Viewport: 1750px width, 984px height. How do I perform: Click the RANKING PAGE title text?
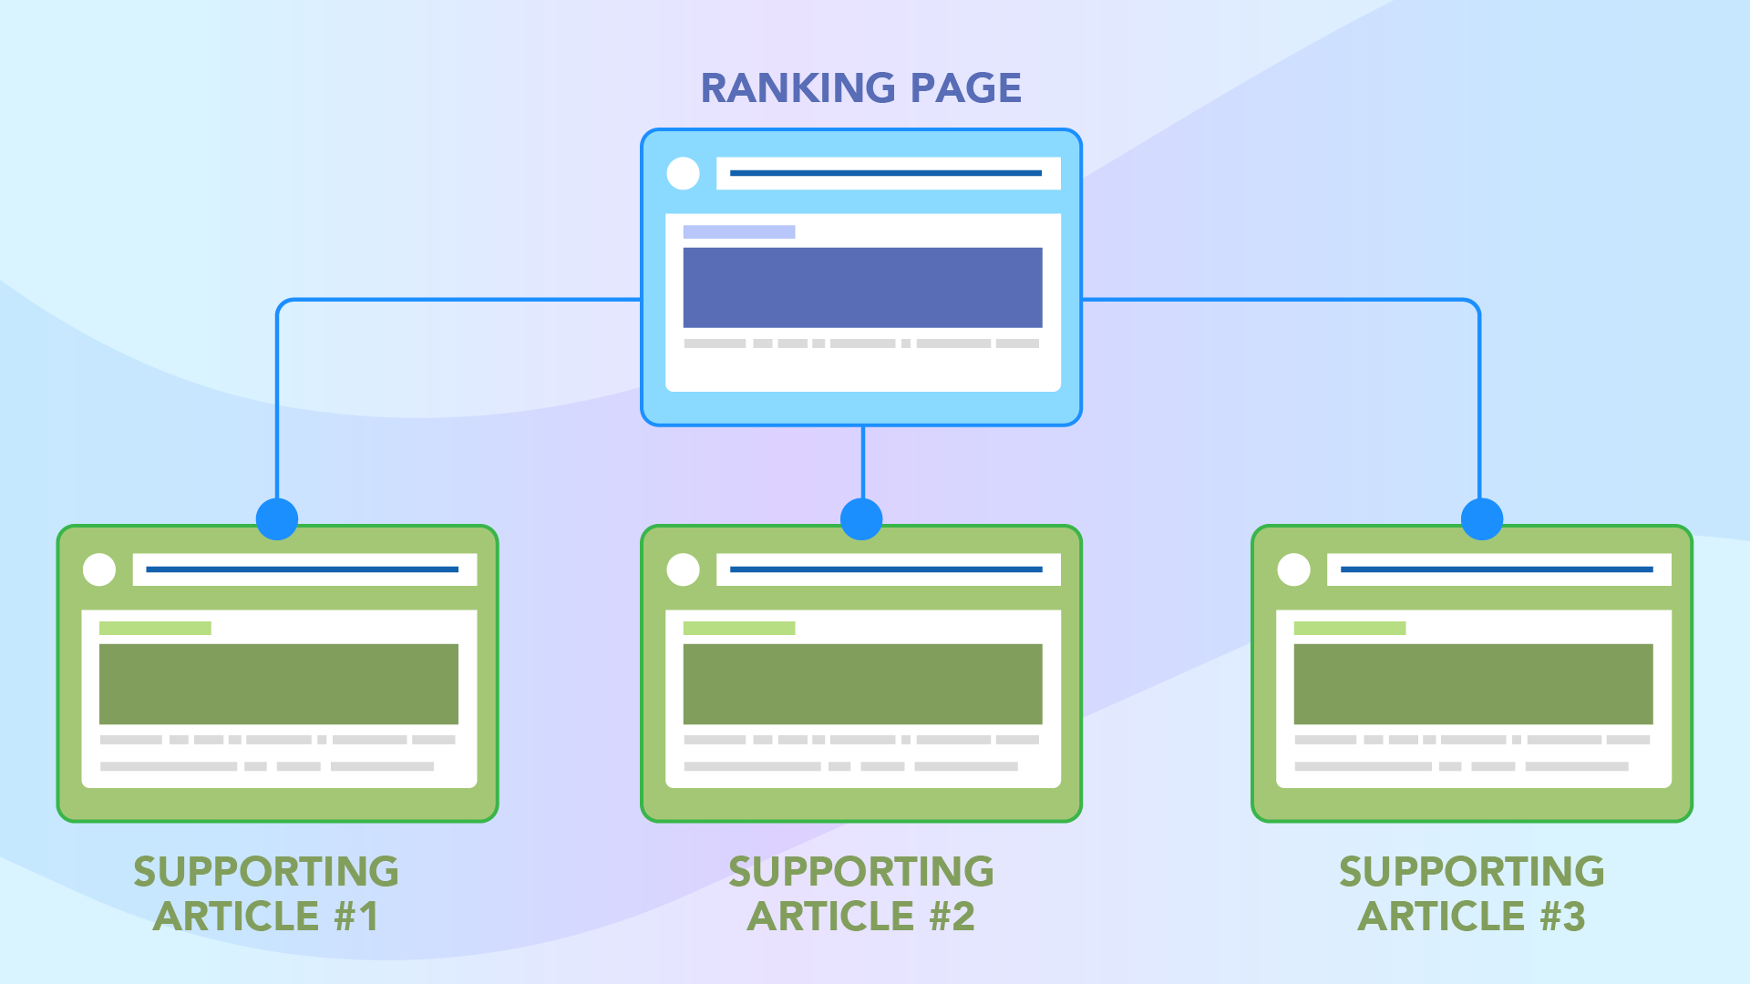pyautogui.click(x=860, y=88)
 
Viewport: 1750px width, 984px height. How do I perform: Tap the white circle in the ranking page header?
pyautogui.click(x=683, y=173)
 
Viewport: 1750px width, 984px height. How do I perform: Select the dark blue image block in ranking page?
pyautogui.click(x=862, y=287)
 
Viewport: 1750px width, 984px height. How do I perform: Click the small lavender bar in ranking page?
pyautogui.click(x=738, y=232)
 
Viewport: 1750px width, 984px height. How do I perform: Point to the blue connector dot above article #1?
pyautogui.click(x=277, y=518)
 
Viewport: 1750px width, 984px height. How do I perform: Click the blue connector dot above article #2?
pyautogui.click(x=861, y=518)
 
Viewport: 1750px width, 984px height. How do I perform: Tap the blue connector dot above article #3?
pyautogui.click(x=1481, y=518)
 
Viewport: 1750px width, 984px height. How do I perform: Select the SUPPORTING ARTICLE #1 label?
pyautogui.click(x=266, y=894)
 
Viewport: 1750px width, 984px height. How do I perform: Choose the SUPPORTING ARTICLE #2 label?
pyautogui.click(x=861, y=894)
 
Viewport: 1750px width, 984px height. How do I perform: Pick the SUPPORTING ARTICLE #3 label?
pyautogui.click(x=1472, y=894)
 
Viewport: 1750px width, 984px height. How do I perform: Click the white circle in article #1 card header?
pyautogui.click(x=99, y=569)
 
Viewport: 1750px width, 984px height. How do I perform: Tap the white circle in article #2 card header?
pyautogui.click(x=683, y=569)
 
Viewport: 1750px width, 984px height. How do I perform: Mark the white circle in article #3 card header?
pyautogui.click(x=1293, y=569)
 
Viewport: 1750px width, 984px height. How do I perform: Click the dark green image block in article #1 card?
pyautogui.click(x=278, y=683)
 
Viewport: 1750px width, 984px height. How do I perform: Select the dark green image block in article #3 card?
pyautogui.click(x=1473, y=683)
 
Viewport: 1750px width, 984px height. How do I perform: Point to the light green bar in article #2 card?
pyautogui.click(x=738, y=628)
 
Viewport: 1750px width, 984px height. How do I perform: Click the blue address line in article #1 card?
pyautogui.click(x=302, y=569)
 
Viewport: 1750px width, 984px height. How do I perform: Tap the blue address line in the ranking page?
pyautogui.click(x=885, y=173)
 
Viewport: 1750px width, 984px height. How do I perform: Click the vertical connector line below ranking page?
pyautogui.click(x=862, y=461)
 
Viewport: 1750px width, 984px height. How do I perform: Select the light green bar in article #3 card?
pyautogui.click(x=1349, y=628)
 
